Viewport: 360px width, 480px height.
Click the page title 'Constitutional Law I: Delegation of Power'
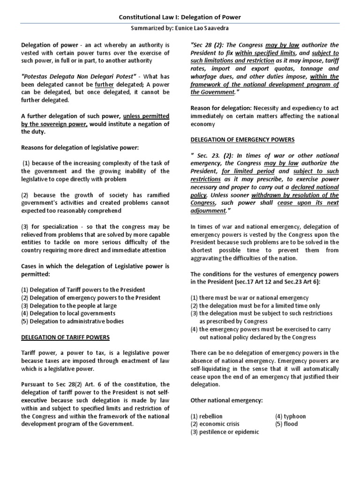click(x=180, y=17)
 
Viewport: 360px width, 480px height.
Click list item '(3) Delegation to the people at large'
click(x=69, y=305)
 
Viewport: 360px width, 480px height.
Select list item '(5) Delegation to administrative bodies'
click(x=72, y=321)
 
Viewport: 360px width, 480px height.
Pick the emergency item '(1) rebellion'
click(x=206, y=416)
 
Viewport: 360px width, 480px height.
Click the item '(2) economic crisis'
click(x=215, y=424)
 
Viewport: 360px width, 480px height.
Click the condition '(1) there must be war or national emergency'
click(x=249, y=298)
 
